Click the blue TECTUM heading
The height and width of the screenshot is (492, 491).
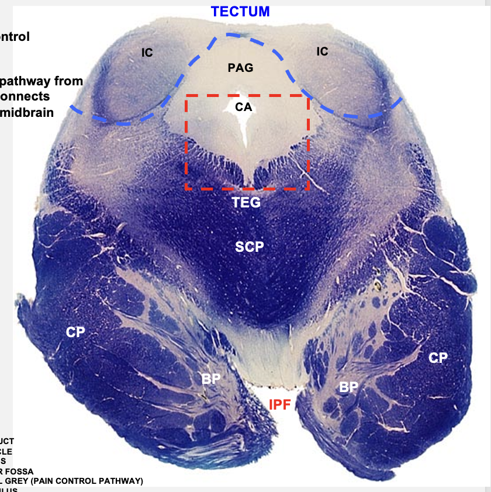click(x=241, y=11)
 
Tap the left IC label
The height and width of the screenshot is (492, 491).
click(x=147, y=53)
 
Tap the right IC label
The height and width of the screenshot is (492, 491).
click(x=322, y=51)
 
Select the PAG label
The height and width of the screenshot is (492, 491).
click(x=240, y=68)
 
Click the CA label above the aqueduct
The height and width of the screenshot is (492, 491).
click(x=243, y=107)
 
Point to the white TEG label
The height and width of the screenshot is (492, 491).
click(x=245, y=203)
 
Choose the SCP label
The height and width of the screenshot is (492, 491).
click(x=250, y=247)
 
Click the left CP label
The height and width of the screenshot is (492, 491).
click(x=75, y=332)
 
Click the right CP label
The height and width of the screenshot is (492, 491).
click(x=438, y=358)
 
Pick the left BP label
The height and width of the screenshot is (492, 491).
click(x=211, y=378)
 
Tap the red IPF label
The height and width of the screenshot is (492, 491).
click(x=279, y=404)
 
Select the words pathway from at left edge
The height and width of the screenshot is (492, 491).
click(x=41, y=81)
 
